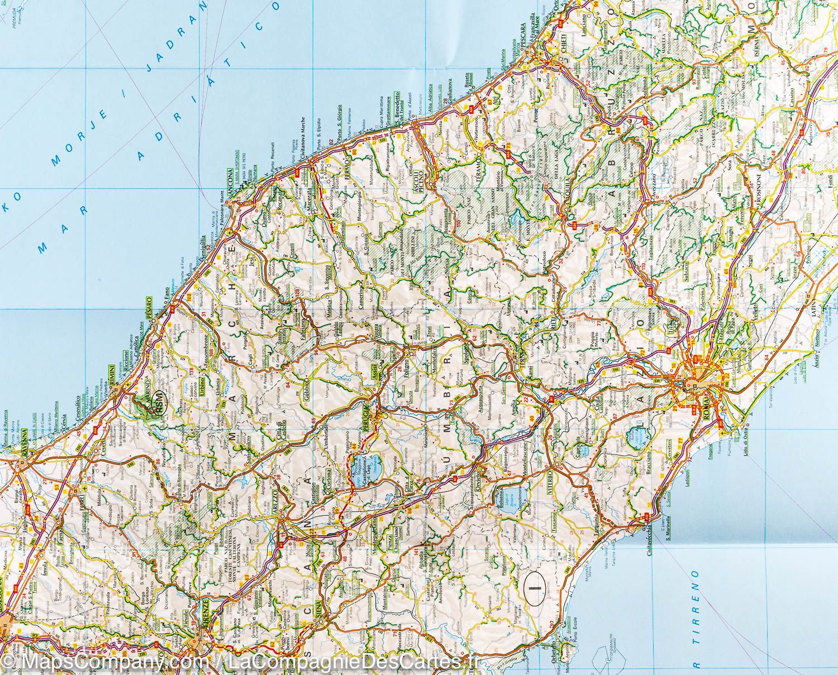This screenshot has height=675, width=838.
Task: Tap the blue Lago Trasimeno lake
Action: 363,464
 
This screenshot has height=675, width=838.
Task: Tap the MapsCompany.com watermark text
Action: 106,663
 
